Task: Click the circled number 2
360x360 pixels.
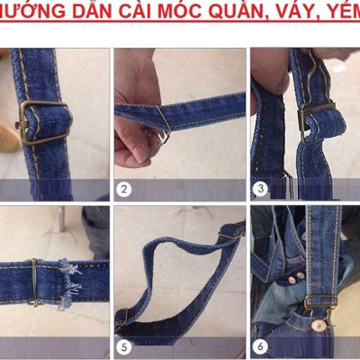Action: (125, 190)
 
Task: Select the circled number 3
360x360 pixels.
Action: (261, 190)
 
